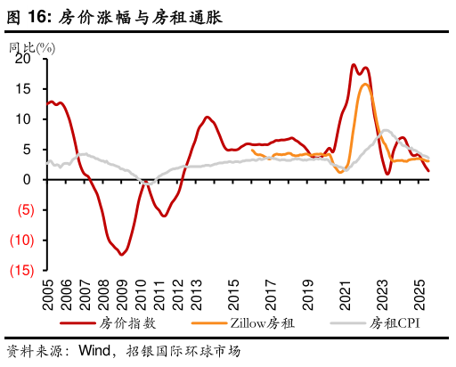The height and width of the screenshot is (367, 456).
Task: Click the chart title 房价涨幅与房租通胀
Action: [141, 17]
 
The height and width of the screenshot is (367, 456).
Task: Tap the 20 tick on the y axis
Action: [22, 59]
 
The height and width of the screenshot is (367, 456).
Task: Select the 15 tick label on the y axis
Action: [22, 89]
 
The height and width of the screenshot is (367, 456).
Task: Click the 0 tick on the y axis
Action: [27, 180]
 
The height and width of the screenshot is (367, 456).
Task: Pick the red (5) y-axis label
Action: [20, 210]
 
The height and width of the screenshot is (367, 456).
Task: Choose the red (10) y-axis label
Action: [19, 241]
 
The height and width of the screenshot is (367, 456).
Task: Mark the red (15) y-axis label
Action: [19, 270]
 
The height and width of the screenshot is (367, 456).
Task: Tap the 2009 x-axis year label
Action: [122, 295]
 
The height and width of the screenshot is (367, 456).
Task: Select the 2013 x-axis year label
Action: [196, 295]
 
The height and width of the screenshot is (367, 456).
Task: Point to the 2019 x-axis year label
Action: [307, 295]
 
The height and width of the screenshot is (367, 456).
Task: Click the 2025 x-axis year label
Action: [419, 295]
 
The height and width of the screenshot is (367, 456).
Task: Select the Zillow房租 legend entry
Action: [263, 322]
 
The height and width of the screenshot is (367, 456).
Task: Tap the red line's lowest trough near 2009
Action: [122, 254]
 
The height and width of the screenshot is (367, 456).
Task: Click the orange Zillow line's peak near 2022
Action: [365, 85]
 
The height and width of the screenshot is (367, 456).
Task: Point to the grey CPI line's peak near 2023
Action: [385, 130]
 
